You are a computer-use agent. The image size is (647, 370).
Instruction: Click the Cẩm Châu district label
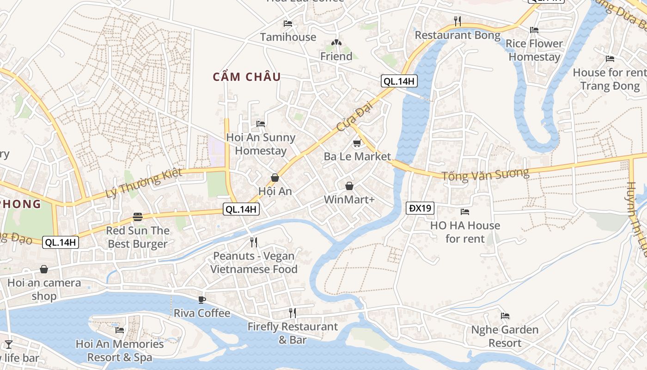(247, 77)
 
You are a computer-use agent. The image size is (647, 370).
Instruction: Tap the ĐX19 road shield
(420, 208)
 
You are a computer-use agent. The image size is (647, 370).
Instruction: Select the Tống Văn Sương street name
(485, 175)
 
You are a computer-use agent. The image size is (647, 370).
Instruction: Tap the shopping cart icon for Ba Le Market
(357, 143)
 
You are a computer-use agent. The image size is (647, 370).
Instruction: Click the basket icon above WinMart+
(349, 186)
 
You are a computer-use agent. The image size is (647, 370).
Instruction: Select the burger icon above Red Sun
(137, 216)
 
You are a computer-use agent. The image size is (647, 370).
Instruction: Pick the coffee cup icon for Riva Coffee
(201, 300)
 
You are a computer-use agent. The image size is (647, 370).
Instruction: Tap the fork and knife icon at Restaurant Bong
(458, 21)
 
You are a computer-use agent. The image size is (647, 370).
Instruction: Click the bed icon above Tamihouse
(288, 23)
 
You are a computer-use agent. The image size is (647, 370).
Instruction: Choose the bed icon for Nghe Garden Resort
(505, 316)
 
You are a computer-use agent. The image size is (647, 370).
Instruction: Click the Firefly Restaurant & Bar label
(293, 333)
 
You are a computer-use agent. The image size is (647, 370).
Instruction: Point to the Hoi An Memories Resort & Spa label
(120, 351)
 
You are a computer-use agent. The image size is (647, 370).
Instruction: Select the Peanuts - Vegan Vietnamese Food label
(254, 262)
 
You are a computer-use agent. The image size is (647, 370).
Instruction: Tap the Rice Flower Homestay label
(534, 50)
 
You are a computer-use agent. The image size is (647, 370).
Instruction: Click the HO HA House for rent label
(465, 232)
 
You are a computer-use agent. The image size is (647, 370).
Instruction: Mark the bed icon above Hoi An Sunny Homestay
(261, 123)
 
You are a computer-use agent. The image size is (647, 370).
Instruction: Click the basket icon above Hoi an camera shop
(44, 269)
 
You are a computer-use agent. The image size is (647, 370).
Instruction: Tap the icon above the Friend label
(336, 43)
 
